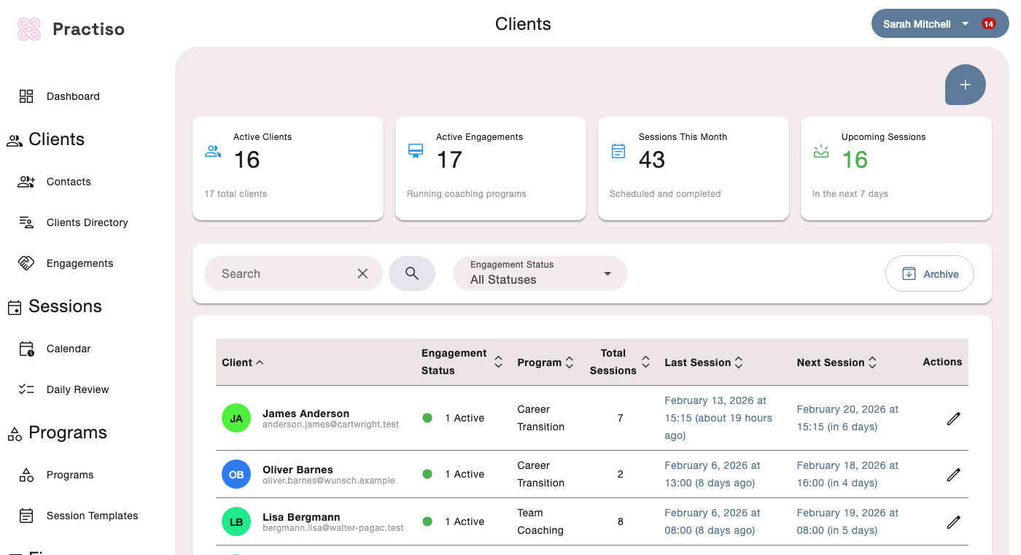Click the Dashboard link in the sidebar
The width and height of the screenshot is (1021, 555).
click(72, 96)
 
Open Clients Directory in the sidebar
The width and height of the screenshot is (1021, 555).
click(87, 222)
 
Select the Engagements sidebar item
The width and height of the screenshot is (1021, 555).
click(79, 263)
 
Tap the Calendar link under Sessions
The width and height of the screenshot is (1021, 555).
click(69, 349)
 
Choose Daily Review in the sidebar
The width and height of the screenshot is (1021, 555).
click(77, 389)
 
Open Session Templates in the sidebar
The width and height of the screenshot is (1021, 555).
click(92, 516)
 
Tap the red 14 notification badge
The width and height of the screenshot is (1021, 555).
click(988, 24)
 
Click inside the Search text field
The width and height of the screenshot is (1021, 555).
click(281, 273)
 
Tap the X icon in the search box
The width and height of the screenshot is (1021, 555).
click(362, 273)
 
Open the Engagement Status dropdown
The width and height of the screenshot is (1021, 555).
click(540, 273)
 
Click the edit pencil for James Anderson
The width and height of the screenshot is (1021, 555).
click(953, 418)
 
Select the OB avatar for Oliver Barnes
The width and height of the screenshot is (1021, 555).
click(236, 474)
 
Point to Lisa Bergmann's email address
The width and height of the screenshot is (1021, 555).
click(333, 528)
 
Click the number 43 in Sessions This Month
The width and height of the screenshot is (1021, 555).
click(652, 160)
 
